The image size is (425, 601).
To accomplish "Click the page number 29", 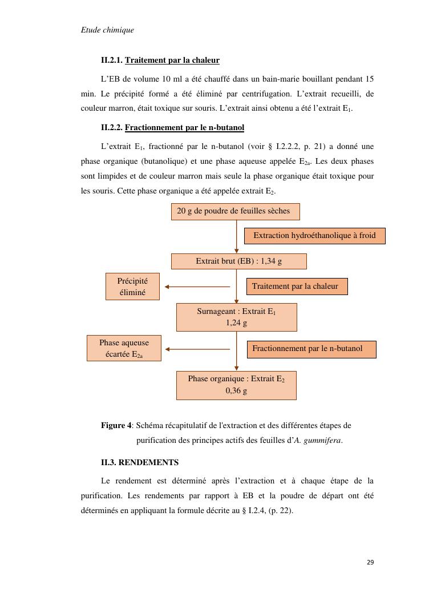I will click(x=370, y=562).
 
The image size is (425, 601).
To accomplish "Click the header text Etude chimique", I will click(x=107, y=30).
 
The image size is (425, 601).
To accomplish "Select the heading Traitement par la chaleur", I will click(x=172, y=60).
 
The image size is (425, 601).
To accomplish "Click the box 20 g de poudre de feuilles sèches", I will click(x=235, y=211).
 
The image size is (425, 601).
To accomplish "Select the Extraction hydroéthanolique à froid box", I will click(x=314, y=235).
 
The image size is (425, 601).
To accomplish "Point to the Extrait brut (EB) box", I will click(x=238, y=261).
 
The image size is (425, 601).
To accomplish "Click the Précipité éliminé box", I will click(x=132, y=287).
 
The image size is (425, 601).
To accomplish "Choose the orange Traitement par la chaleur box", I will click(x=297, y=287).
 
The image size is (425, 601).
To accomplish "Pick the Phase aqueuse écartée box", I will click(x=124, y=348).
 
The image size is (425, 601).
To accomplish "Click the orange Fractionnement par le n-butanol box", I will click(x=311, y=349).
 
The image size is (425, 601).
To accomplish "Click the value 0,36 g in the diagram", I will click(x=236, y=392).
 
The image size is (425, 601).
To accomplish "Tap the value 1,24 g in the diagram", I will click(x=236, y=323).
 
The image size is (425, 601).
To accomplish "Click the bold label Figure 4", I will click(x=116, y=426).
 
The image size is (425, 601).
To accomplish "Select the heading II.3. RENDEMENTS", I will click(x=140, y=462).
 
